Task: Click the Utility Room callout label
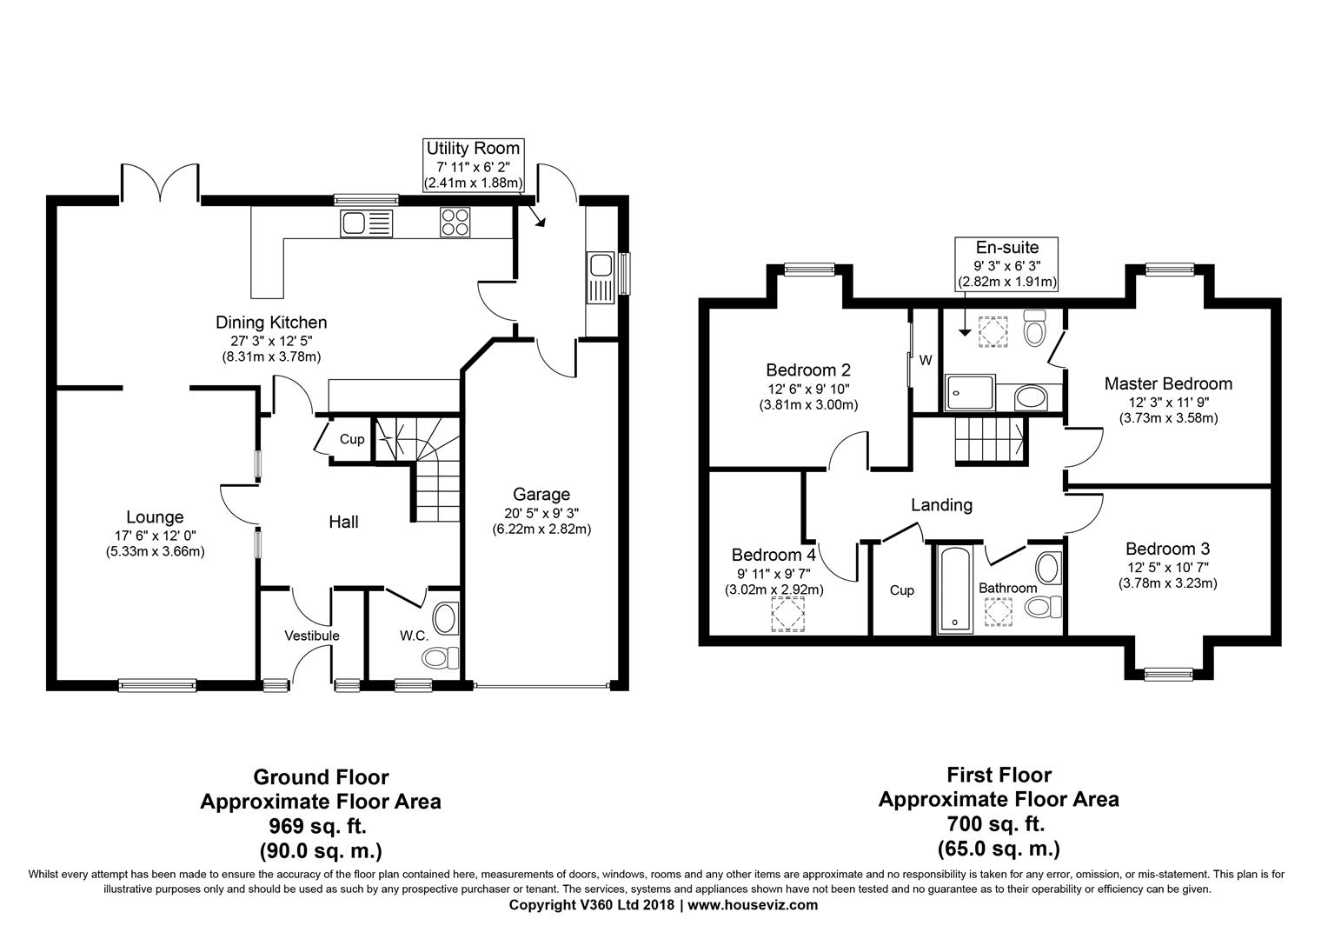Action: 473,165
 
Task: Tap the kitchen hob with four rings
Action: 455,223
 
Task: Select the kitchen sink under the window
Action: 366,223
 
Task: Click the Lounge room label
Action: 155,518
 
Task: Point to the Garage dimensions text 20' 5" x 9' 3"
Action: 541,512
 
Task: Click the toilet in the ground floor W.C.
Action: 442,658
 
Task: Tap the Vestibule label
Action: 312,636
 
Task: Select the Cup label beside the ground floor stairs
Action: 352,439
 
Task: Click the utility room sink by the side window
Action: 601,276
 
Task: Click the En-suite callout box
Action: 1006,263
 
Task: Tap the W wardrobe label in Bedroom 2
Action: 926,360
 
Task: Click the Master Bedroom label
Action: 1167,383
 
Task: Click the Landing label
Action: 941,505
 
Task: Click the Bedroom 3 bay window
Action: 1167,671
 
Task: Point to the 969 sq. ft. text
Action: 320,825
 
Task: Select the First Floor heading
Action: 999,775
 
